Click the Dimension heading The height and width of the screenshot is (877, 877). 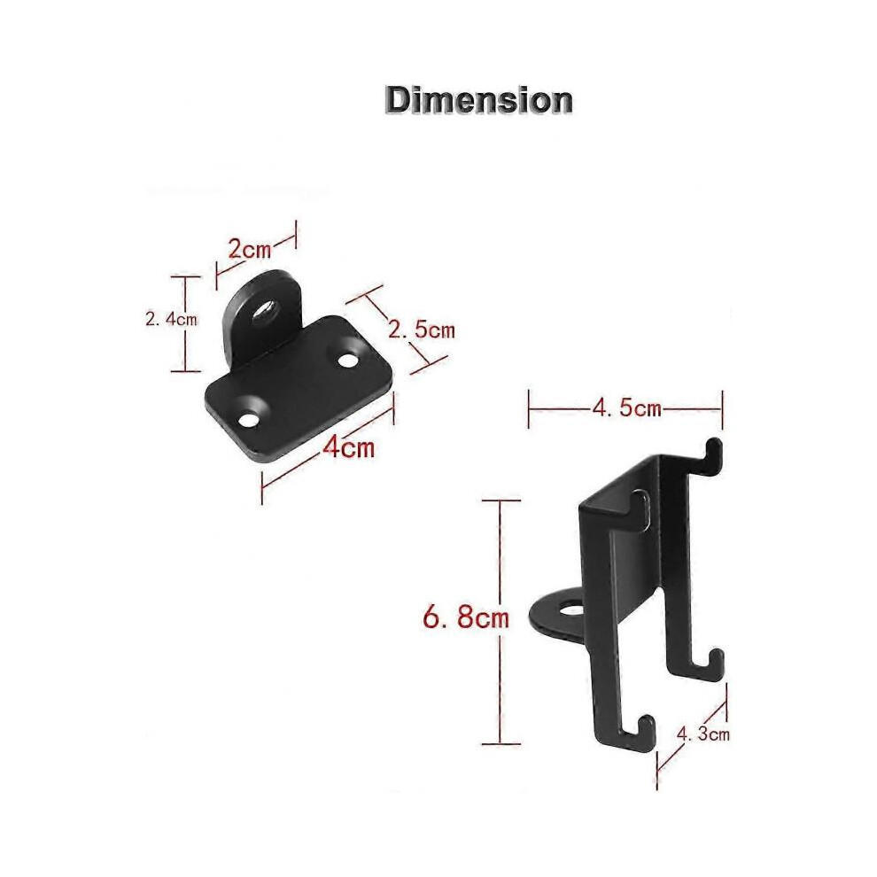(478, 101)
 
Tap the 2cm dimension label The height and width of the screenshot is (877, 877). (250, 248)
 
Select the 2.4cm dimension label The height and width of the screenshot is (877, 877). (171, 320)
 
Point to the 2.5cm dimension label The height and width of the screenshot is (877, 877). (422, 330)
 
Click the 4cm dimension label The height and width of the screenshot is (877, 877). (348, 446)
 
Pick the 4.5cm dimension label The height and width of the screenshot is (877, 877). (627, 408)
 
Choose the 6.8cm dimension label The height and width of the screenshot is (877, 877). (466, 618)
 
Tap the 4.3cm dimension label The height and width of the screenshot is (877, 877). (703, 733)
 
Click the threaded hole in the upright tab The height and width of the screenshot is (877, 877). (263, 310)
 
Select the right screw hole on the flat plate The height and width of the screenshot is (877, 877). (348, 361)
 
